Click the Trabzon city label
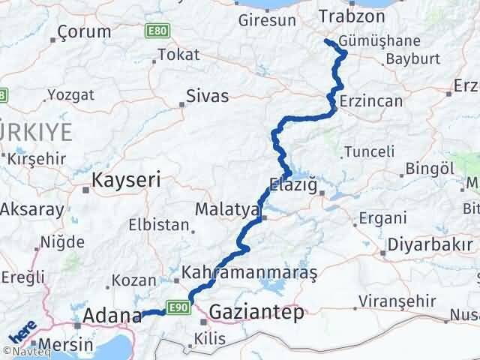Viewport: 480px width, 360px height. pyautogui.click(x=352, y=16)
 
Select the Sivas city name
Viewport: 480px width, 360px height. pyautogui.click(x=208, y=95)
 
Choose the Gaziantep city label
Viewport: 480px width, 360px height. pyautogui.click(x=257, y=312)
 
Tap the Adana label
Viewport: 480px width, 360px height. pyautogui.click(x=112, y=315)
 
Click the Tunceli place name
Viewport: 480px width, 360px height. pyautogui.click(x=368, y=151)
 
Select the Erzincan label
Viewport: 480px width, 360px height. pyautogui.click(x=370, y=101)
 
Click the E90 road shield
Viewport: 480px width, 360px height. pyautogui.click(x=176, y=305)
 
